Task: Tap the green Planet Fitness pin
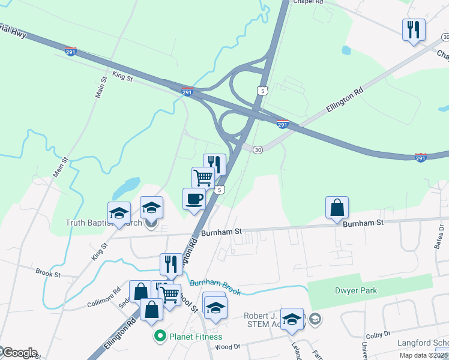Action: tap(160, 336)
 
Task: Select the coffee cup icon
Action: tap(194, 199)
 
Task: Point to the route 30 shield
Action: tap(258, 149)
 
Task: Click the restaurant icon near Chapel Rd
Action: tap(414, 29)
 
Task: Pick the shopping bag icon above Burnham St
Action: tap(337, 208)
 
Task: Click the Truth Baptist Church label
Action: tap(103, 223)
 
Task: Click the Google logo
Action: tap(19, 353)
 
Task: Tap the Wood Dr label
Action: tap(227, 346)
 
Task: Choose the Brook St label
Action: tap(48, 274)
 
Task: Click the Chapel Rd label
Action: tap(308, 2)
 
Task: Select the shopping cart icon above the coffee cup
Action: tap(203, 178)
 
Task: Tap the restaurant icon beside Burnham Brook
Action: tap(171, 264)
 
